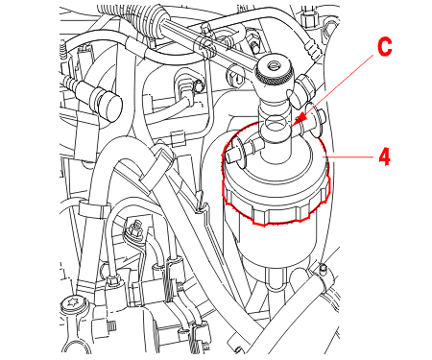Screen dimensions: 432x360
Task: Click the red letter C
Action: (384, 47)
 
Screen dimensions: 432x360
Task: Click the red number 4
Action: (385, 156)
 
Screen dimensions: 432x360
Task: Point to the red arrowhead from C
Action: (300, 120)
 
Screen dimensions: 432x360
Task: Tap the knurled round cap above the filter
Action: (275, 72)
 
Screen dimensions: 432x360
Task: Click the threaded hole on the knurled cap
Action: (275, 66)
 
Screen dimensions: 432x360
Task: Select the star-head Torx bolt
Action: (73, 302)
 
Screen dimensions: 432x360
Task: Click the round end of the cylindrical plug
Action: (110, 108)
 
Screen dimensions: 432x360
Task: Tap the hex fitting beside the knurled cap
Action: (305, 86)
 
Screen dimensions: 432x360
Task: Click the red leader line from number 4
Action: (348, 156)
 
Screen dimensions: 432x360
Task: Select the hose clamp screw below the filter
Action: (323, 268)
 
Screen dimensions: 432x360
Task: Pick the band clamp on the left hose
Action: (94, 210)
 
